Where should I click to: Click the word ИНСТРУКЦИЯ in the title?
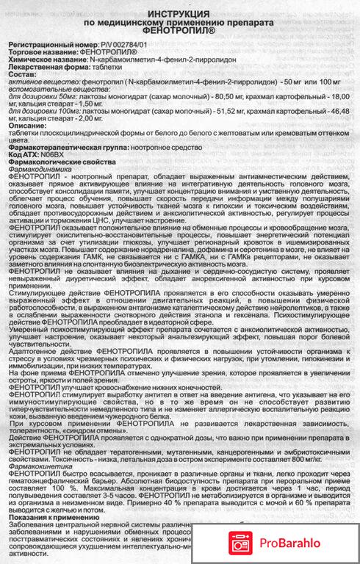tap(180, 15)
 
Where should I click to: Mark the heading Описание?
tap(26, 135)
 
